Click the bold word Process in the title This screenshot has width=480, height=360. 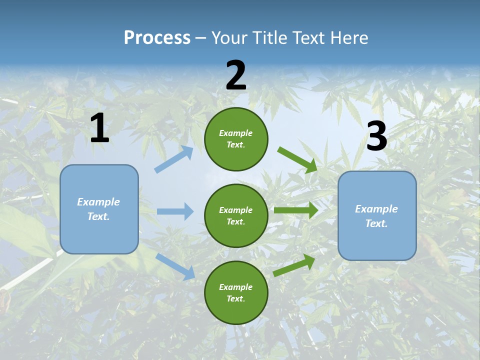[x=157, y=37]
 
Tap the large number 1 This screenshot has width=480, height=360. [x=99, y=128]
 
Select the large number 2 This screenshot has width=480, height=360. [x=236, y=75]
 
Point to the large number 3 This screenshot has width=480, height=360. [x=376, y=136]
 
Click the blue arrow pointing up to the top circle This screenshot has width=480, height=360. [x=174, y=160]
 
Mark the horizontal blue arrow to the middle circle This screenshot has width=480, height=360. [x=175, y=211]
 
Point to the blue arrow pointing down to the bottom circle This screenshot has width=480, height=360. [x=175, y=266]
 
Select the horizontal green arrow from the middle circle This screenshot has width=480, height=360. [x=295, y=210]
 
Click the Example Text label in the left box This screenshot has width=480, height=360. [x=98, y=209]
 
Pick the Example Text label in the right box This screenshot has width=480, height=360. [x=376, y=216]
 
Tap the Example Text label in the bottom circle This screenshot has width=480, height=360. [x=236, y=292]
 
